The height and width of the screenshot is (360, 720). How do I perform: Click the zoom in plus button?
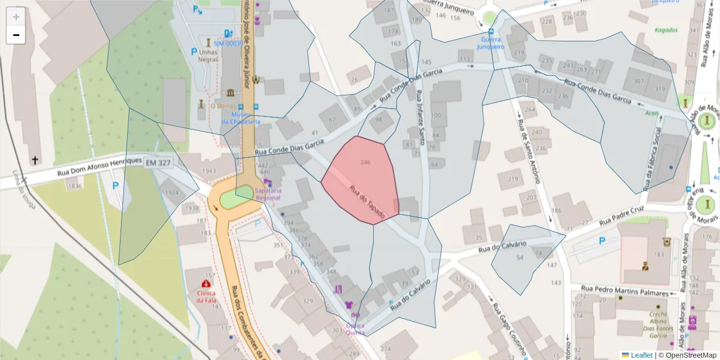pos(16,17)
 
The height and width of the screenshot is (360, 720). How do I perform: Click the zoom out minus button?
pos(16,35)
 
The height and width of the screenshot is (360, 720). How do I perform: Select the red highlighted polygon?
pos(360,180)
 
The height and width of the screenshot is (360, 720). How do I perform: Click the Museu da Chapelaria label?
pos(241,118)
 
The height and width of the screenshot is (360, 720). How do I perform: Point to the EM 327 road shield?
pos(158,163)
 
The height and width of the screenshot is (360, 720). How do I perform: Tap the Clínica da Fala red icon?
pos(206,283)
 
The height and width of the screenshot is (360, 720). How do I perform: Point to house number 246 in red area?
pos(365,162)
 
